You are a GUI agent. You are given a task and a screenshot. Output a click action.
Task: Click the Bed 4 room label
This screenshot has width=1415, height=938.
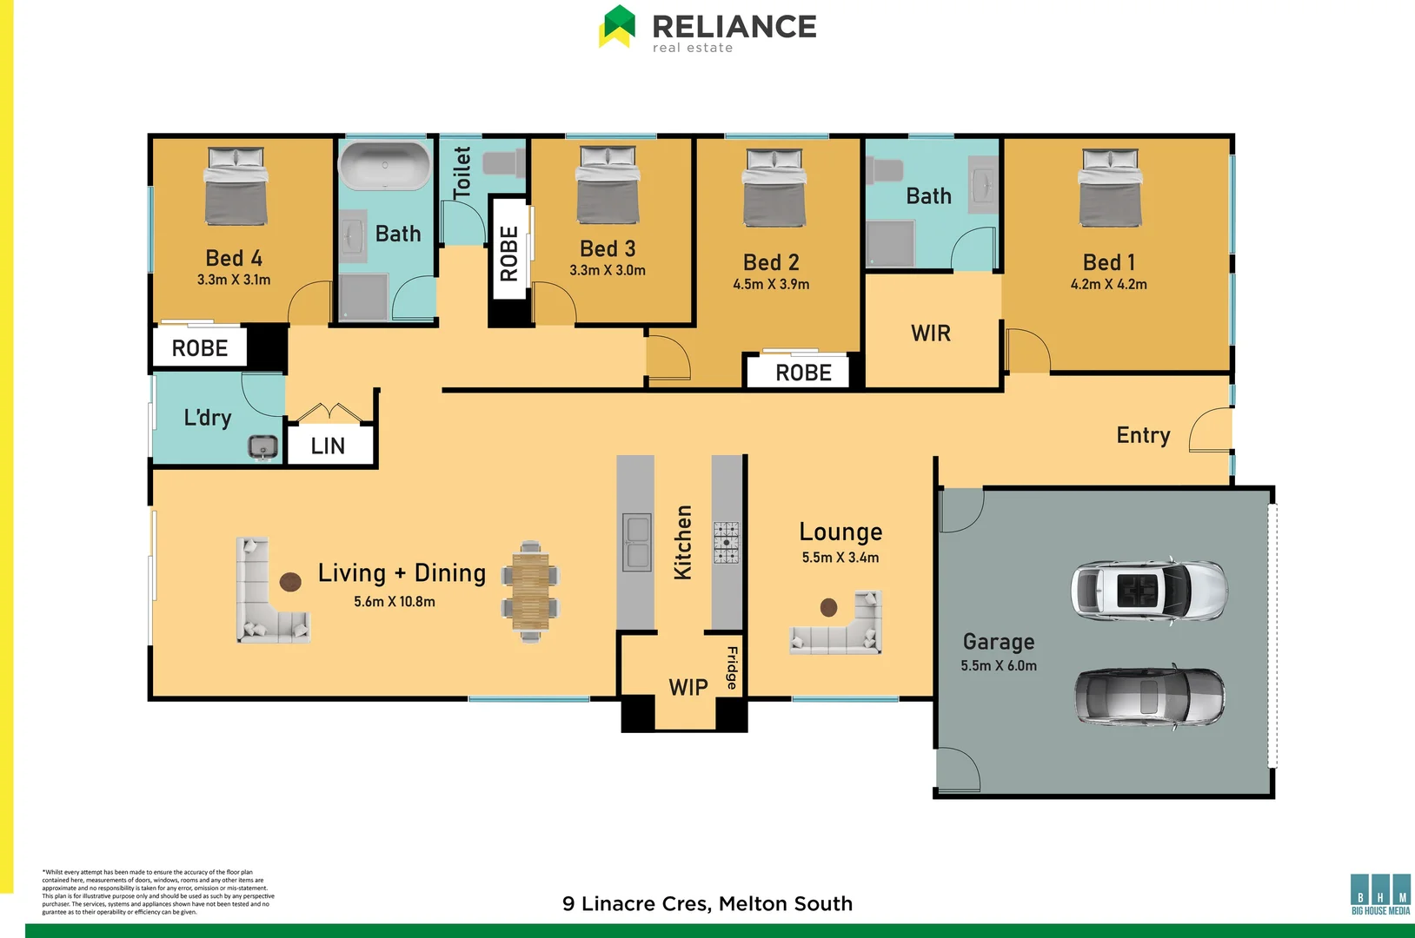[x=234, y=258]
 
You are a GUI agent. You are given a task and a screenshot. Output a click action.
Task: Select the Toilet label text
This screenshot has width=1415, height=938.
[x=462, y=171]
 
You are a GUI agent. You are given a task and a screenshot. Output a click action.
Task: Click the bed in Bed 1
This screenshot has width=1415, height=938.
[x=1110, y=187]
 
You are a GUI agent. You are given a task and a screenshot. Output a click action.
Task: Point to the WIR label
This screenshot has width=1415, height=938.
[x=931, y=334]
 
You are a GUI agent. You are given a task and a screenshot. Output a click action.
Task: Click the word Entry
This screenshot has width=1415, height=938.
[x=1143, y=435]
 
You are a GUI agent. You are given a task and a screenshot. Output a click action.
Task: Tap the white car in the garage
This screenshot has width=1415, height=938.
[x=1148, y=591]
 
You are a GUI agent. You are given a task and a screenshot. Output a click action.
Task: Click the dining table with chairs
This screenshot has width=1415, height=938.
[x=530, y=591]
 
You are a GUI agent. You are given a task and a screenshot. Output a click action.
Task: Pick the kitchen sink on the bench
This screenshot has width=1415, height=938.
[x=637, y=542]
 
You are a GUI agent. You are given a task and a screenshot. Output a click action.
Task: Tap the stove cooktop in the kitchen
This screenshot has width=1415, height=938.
[x=727, y=542]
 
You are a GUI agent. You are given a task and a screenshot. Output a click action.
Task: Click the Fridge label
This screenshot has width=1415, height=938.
[x=732, y=667]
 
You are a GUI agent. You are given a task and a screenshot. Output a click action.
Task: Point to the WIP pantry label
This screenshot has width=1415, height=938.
[x=688, y=688]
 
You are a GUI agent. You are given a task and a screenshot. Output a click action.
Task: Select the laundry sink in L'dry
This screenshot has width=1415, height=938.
[x=262, y=446]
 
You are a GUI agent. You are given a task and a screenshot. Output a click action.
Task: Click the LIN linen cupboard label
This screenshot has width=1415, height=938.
[x=328, y=446]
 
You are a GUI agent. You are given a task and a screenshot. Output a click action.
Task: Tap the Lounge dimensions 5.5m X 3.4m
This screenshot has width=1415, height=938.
[x=840, y=558]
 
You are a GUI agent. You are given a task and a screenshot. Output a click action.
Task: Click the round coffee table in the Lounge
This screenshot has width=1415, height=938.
[x=829, y=607]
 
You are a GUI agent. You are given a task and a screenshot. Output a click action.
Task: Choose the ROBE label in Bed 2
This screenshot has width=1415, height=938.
[x=803, y=373]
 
